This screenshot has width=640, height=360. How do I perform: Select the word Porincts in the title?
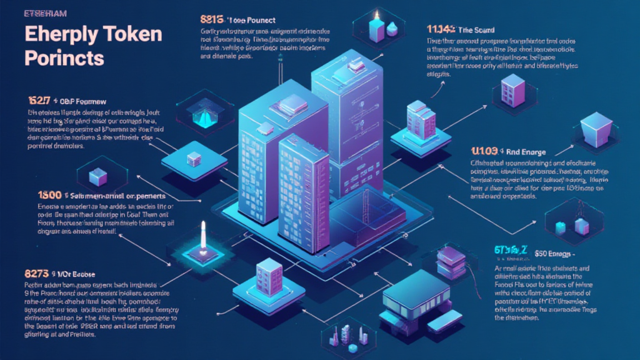[x=64, y=59]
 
